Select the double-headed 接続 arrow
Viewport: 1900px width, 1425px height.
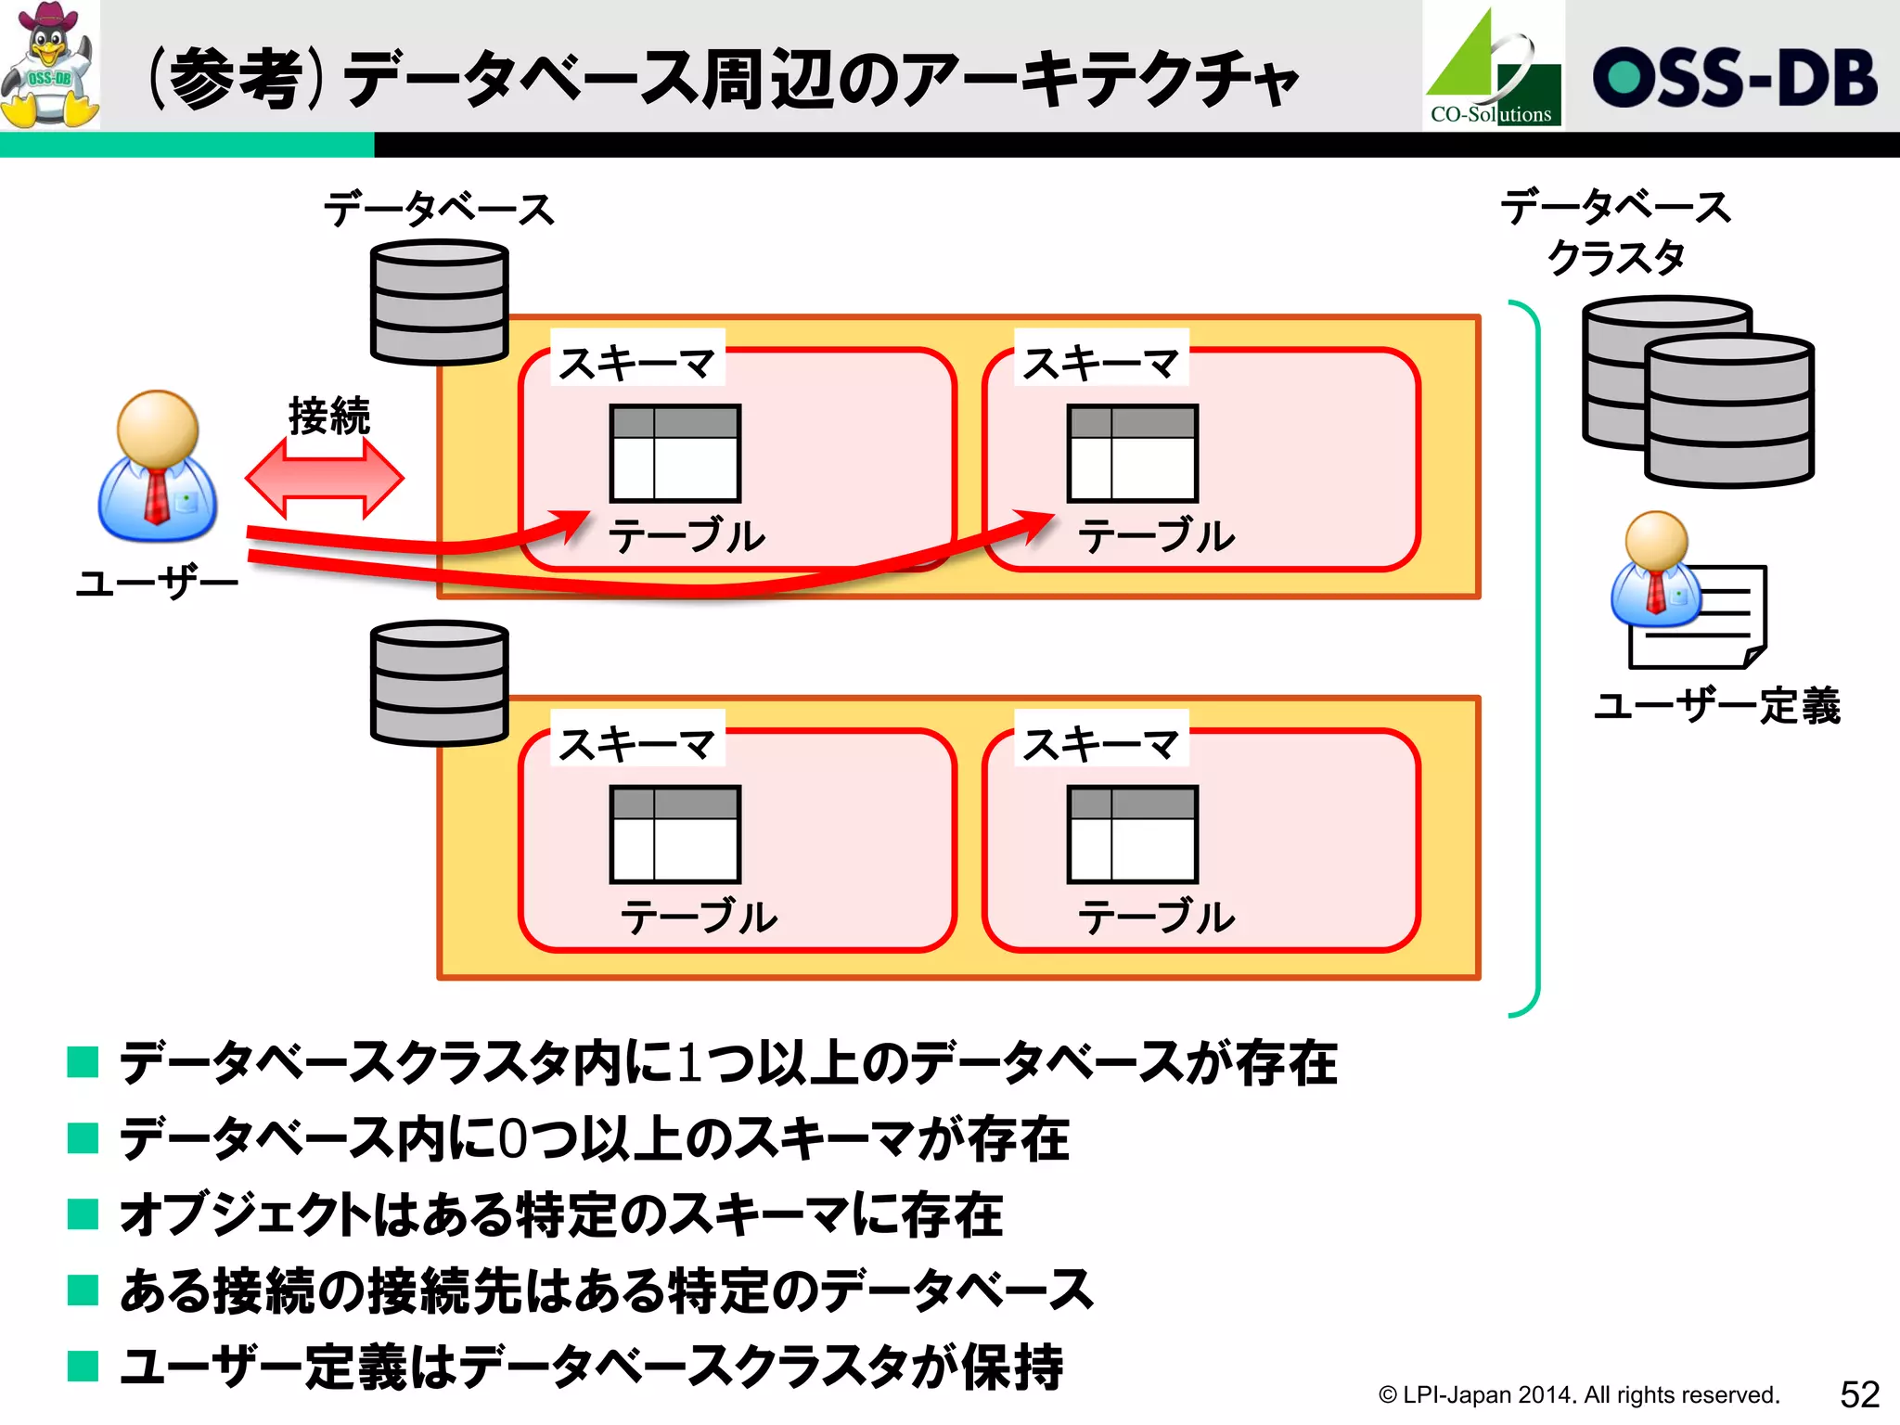tap(324, 479)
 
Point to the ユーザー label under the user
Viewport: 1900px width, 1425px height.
tap(157, 584)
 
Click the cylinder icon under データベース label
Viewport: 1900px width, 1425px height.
tap(439, 302)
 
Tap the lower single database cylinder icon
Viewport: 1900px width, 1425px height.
tap(439, 683)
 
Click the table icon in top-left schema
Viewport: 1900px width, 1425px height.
tap(674, 453)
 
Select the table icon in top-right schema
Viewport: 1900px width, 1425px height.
tap(1133, 453)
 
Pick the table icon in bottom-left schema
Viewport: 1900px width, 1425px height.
tap(674, 834)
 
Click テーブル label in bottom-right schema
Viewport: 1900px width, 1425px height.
tap(1156, 918)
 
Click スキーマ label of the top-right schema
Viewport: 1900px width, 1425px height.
tap(1100, 363)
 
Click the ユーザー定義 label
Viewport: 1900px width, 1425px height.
tap(1716, 706)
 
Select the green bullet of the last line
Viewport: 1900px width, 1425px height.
tap(83, 1366)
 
